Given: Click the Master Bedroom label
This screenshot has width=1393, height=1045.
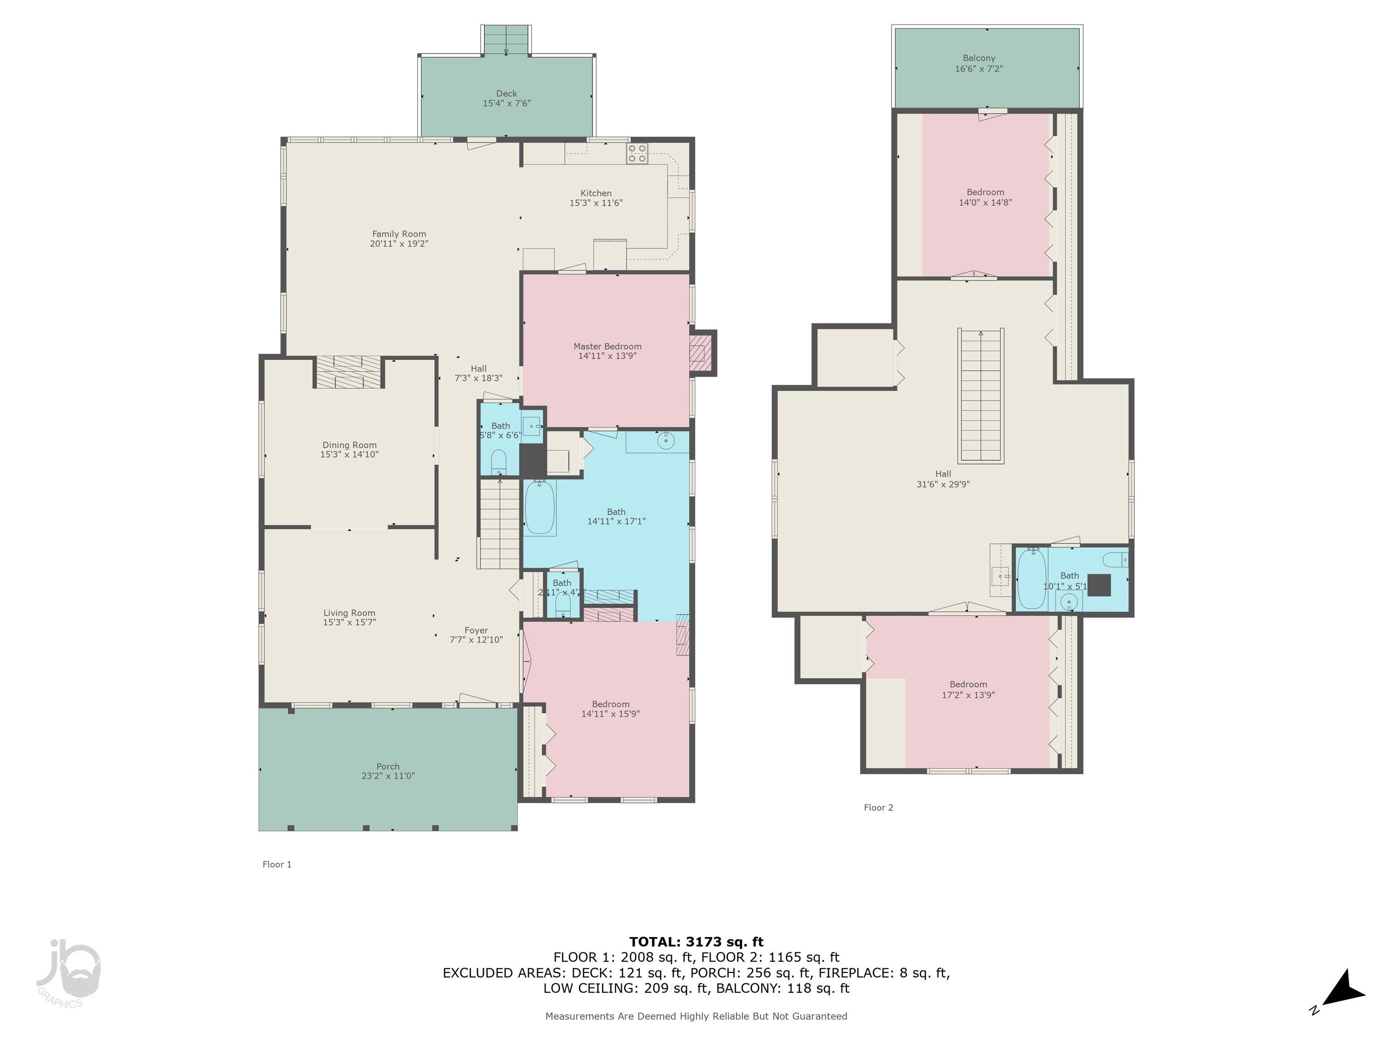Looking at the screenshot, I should pyautogui.click(x=607, y=347).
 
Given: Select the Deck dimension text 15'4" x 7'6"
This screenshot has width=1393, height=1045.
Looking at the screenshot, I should pyautogui.click(x=507, y=103).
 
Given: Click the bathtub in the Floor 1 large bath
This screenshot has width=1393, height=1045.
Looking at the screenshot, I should pyautogui.click(x=540, y=507).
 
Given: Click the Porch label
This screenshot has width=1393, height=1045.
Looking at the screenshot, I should pyautogui.click(x=388, y=767).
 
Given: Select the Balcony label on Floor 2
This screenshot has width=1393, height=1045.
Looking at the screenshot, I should pyautogui.click(x=979, y=58).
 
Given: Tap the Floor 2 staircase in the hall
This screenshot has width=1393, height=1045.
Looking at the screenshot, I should pyautogui.click(x=980, y=396).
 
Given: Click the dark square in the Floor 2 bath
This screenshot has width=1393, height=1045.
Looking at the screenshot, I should pyautogui.click(x=1099, y=585).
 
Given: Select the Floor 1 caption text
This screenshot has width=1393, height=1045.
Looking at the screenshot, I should pyautogui.click(x=277, y=864).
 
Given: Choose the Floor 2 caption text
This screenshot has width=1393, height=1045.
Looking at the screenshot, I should pyautogui.click(x=878, y=807).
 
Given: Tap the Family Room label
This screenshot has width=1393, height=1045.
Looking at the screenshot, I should pyautogui.click(x=399, y=234).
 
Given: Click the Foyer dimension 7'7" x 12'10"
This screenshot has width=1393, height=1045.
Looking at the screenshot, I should pyautogui.click(x=476, y=640).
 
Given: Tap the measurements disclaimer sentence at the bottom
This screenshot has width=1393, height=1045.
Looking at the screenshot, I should pyautogui.click(x=696, y=1016).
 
